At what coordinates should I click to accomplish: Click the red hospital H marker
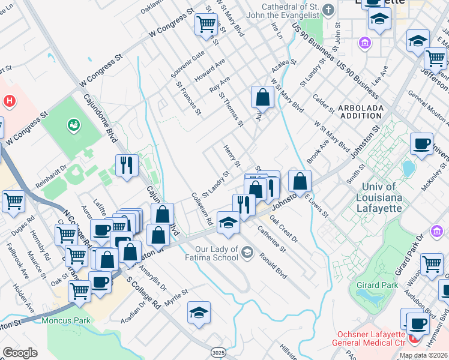point(8,101)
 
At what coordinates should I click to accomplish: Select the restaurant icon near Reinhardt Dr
point(127,165)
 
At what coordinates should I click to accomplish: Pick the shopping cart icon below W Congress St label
point(206,24)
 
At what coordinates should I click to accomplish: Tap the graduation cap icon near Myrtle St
point(199,312)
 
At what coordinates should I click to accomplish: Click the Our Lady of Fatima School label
point(217,250)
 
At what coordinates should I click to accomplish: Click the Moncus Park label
point(66,320)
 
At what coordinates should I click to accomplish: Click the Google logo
point(20,353)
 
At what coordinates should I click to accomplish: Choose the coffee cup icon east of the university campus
point(421,143)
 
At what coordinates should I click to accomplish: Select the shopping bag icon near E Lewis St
point(300,180)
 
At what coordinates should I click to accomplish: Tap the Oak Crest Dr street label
point(283,230)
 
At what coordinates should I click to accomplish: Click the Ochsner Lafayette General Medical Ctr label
point(365,340)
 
